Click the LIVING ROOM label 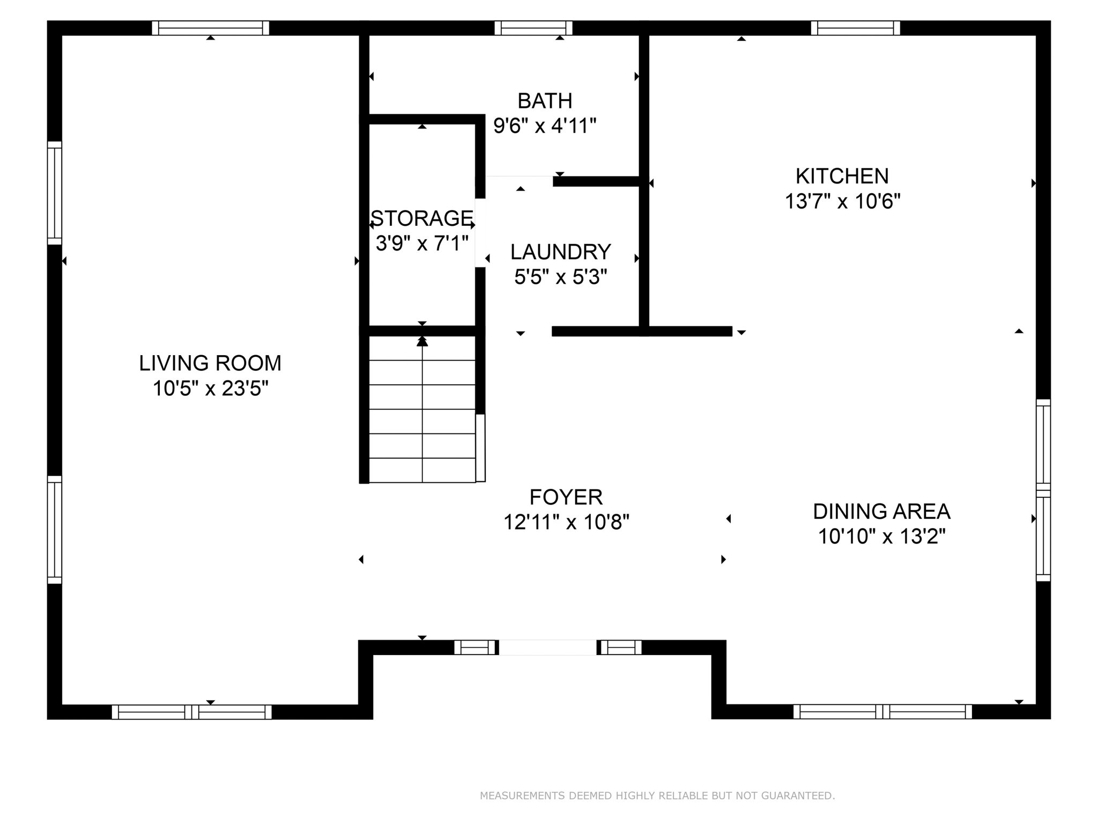210,363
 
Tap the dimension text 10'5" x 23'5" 210,388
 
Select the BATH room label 545,101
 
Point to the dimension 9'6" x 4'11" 545,126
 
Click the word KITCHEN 842,176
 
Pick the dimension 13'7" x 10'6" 842,202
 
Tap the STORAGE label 422,218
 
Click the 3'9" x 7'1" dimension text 422,244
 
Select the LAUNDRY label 560,252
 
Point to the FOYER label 566,497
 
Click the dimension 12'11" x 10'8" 566,522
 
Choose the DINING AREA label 881,512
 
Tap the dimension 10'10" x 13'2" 881,536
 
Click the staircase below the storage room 422,410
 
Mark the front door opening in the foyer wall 547,648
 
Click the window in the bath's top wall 533,28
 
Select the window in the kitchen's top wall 855,28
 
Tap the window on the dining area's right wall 1043,490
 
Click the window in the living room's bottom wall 192,712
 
